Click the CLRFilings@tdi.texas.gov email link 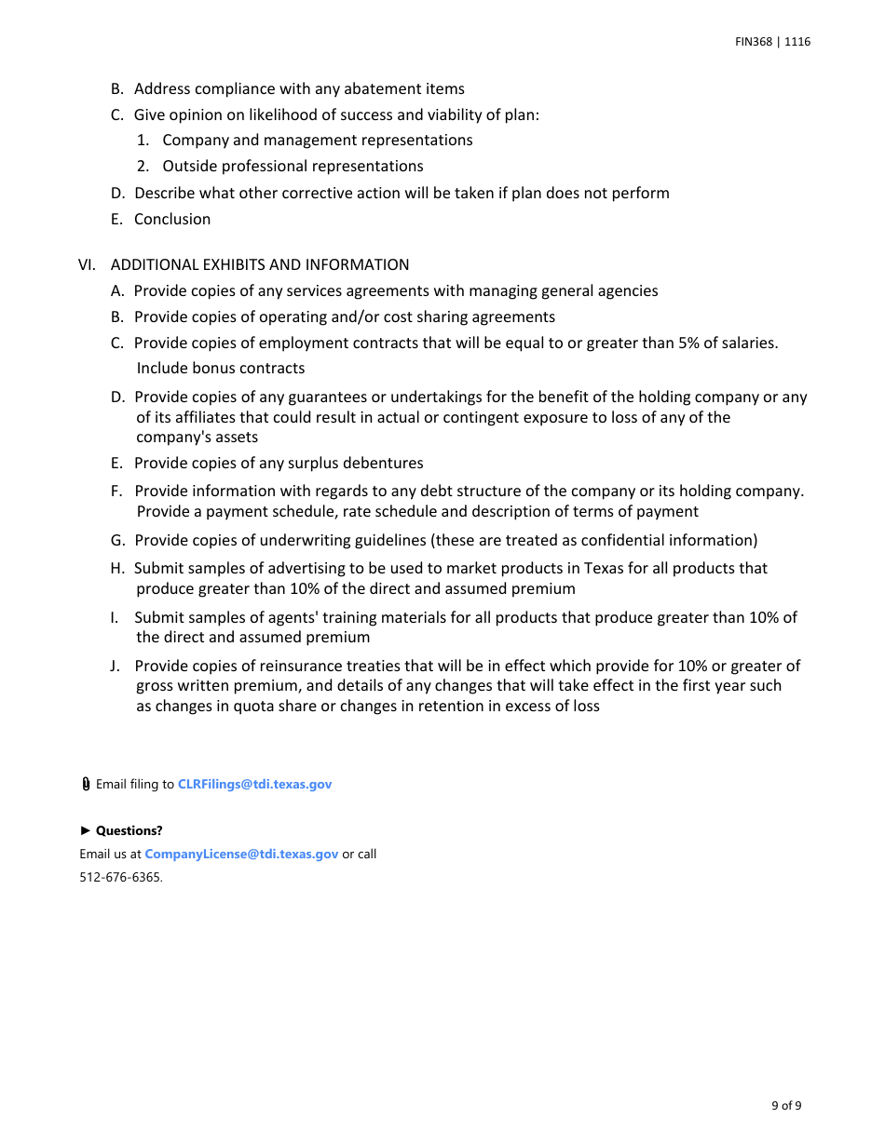click(254, 784)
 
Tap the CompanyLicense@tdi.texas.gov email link click(241, 854)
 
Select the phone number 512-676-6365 click(120, 877)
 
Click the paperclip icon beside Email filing click(86, 784)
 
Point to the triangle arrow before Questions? click(86, 830)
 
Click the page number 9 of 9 click(786, 1106)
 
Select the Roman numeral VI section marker click(86, 264)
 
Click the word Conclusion click(172, 219)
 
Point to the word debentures click(383, 463)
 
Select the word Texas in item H click(604, 568)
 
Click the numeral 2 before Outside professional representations click(143, 166)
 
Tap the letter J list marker click(115, 666)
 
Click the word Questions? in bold click(129, 830)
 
